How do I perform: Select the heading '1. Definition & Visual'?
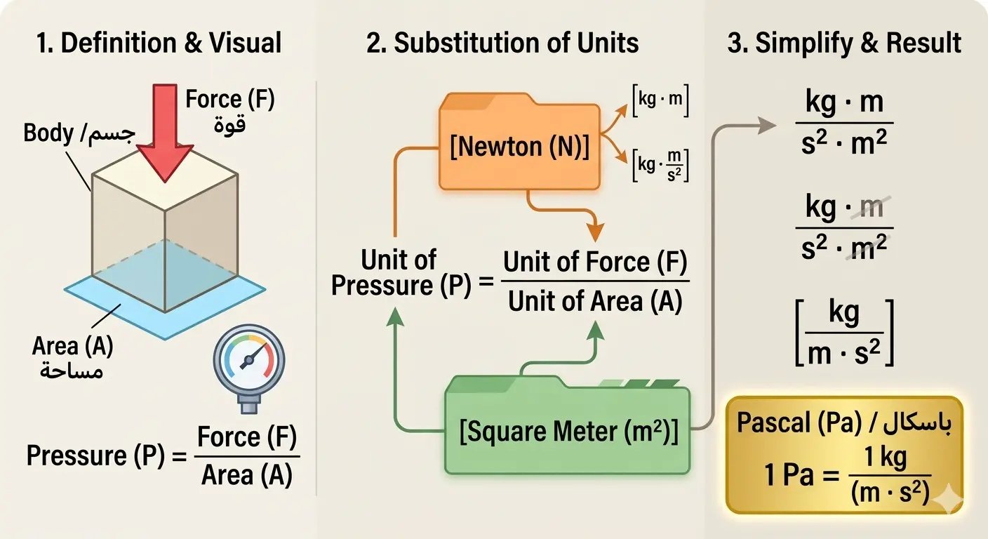click(x=159, y=43)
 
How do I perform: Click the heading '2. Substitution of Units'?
click(x=502, y=43)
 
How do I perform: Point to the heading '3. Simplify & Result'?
click(x=844, y=43)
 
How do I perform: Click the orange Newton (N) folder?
click(x=519, y=146)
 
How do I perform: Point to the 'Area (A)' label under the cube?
click(x=72, y=346)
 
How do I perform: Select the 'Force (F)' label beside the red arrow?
click(x=230, y=100)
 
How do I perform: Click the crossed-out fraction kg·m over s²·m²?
click(x=844, y=227)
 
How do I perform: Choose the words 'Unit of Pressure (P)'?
click(x=400, y=273)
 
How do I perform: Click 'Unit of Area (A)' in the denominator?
click(x=595, y=301)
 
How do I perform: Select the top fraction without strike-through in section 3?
click(x=844, y=124)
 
